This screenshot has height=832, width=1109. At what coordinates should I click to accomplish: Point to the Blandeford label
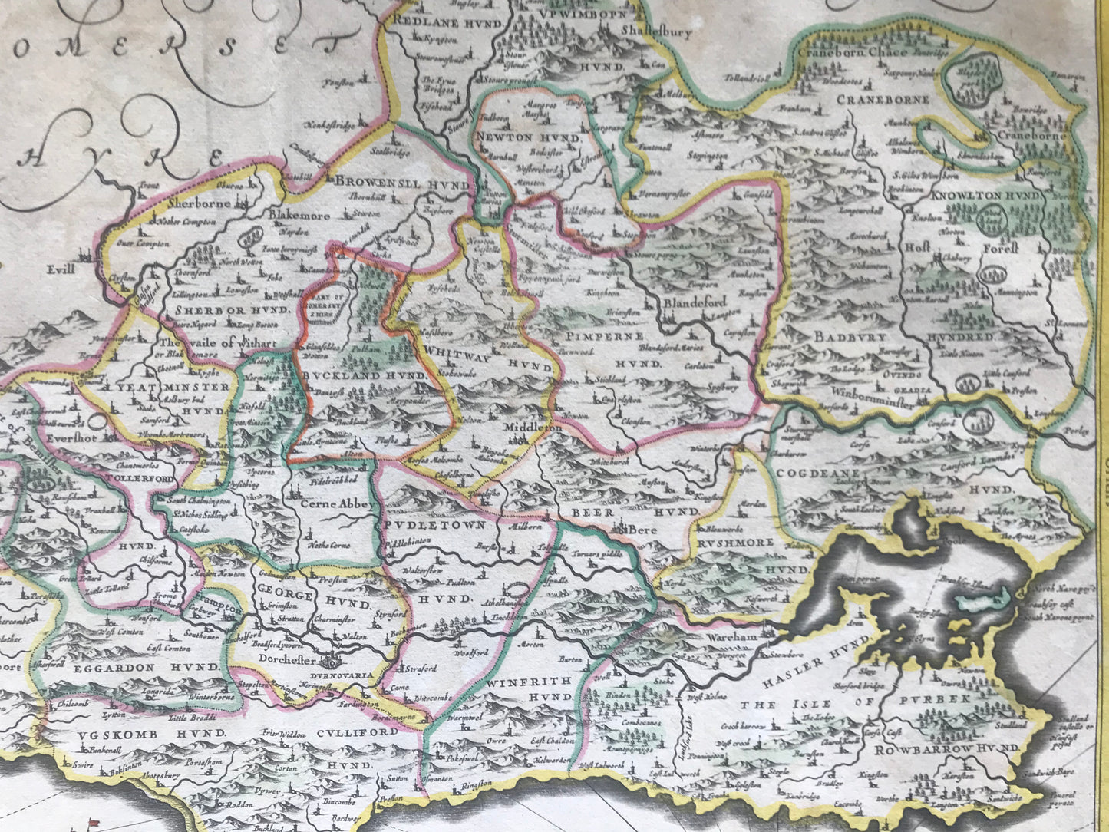coord(694,302)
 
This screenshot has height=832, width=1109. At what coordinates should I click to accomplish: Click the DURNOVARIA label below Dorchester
coord(350,677)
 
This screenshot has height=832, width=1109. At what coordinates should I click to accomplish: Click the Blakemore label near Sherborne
coord(299,216)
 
